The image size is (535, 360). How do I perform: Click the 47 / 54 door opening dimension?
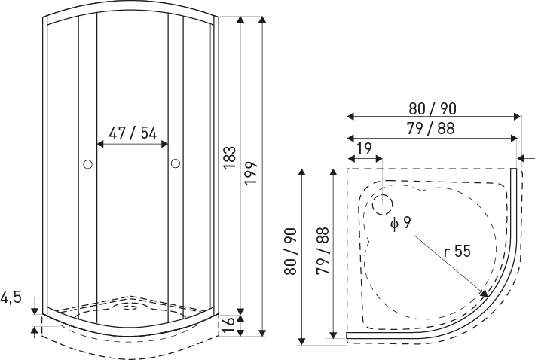(133, 133)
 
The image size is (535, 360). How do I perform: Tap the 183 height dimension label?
(230, 157)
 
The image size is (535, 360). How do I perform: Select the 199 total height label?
(251, 173)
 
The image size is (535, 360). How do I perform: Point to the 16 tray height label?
(228, 325)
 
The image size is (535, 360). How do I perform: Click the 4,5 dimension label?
(11, 297)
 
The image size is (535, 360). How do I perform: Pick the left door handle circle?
(87, 165)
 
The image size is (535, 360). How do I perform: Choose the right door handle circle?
(176, 163)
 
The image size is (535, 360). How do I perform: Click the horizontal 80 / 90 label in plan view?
(433, 108)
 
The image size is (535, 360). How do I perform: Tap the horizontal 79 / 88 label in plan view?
(430, 129)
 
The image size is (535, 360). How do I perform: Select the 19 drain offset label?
(364, 149)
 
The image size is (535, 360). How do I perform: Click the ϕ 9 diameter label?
(401, 223)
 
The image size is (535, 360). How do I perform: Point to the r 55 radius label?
(457, 252)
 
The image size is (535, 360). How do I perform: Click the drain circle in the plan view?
(383, 205)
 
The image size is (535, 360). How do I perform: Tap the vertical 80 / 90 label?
(291, 252)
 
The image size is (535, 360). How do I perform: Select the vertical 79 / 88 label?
(323, 251)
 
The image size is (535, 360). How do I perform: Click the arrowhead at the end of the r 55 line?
(485, 293)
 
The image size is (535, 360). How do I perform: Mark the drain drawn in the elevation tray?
(130, 307)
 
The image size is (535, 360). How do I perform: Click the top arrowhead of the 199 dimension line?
(262, 19)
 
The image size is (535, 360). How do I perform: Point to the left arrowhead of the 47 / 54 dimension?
(100, 144)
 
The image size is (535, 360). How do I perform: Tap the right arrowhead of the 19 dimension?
(379, 159)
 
